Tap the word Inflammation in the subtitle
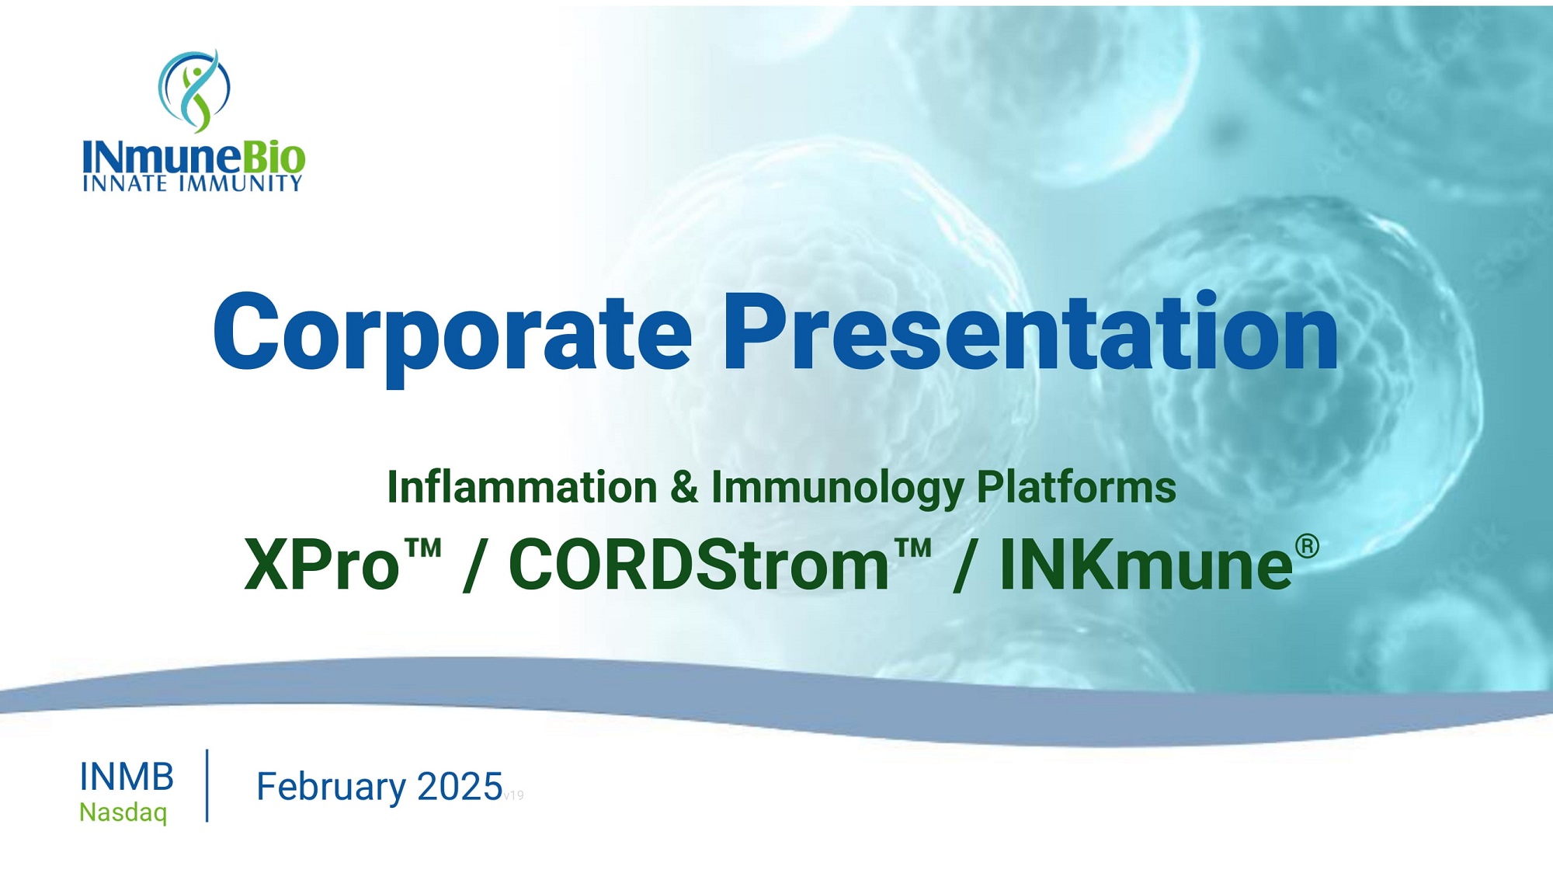pyautogui.click(x=523, y=487)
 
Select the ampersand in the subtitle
pyautogui.click(x=684, y=487)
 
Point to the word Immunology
pyautogui.click(x=837, y=489)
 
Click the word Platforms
pyautogui.click(x=1076, y=487)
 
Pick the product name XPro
pyautogui.click(x=322, y=565)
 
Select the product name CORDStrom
pyautogui.click(x=699, y=565)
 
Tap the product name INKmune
pyautogui.click(x=1146, y=565)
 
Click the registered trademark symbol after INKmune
pyautogui.click(x=1307, y=546)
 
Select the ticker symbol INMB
pyautogui.click(x=127, y=777)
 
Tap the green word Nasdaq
pyautogui.click(x=123, y=812)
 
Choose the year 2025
pyautogui.click(x=460, y=787)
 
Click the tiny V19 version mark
pyautogui.click(x=514, y=795)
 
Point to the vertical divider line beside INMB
pyautogui.click(x=207, y=785)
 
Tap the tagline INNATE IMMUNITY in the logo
pyautogui.click(x=193, y=183)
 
